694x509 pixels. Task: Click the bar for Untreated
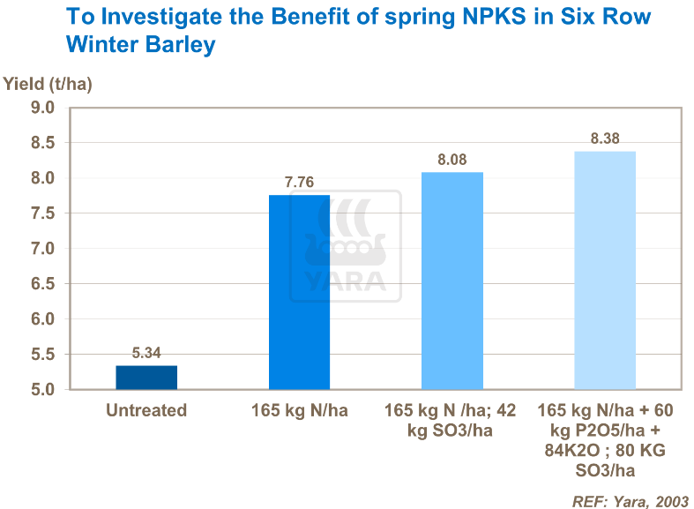(x=146, y=378)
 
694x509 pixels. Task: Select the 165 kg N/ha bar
(x=299, y=292)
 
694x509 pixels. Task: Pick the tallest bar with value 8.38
(x=605, y=270)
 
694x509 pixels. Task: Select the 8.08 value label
(x=452, y=161)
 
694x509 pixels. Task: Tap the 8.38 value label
(x=605, y=139)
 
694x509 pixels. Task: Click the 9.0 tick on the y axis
(x=43, y=108)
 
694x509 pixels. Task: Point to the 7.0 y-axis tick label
(x=43, y=249)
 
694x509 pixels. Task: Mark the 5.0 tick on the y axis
(x=43, y=390)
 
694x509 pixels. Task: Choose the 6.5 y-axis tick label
(x=43, y=284)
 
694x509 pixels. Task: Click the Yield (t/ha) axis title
(x=48, y=85)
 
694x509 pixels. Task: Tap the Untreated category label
(x=146, y=410)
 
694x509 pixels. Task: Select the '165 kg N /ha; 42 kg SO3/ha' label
(x=452, y=420)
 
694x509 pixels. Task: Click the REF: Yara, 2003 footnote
(x=630, y=499)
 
